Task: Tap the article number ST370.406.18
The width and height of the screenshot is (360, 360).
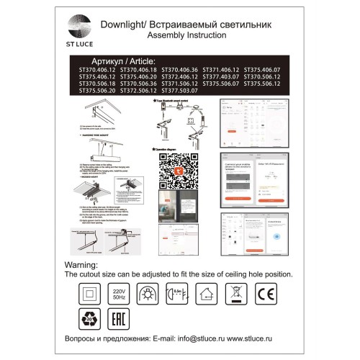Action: (x=137, y=69)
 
